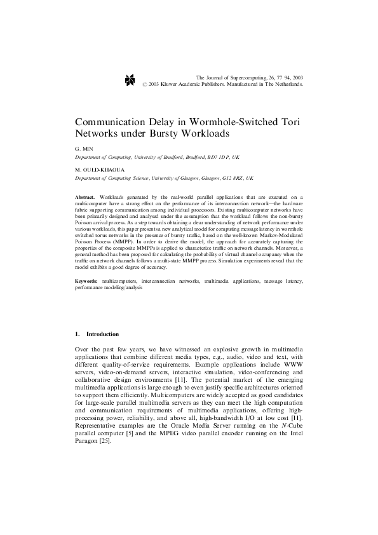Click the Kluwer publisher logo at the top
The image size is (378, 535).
131,79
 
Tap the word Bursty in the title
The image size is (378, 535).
177,134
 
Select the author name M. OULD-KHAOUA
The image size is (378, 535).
98,170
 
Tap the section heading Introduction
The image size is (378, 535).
102,334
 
